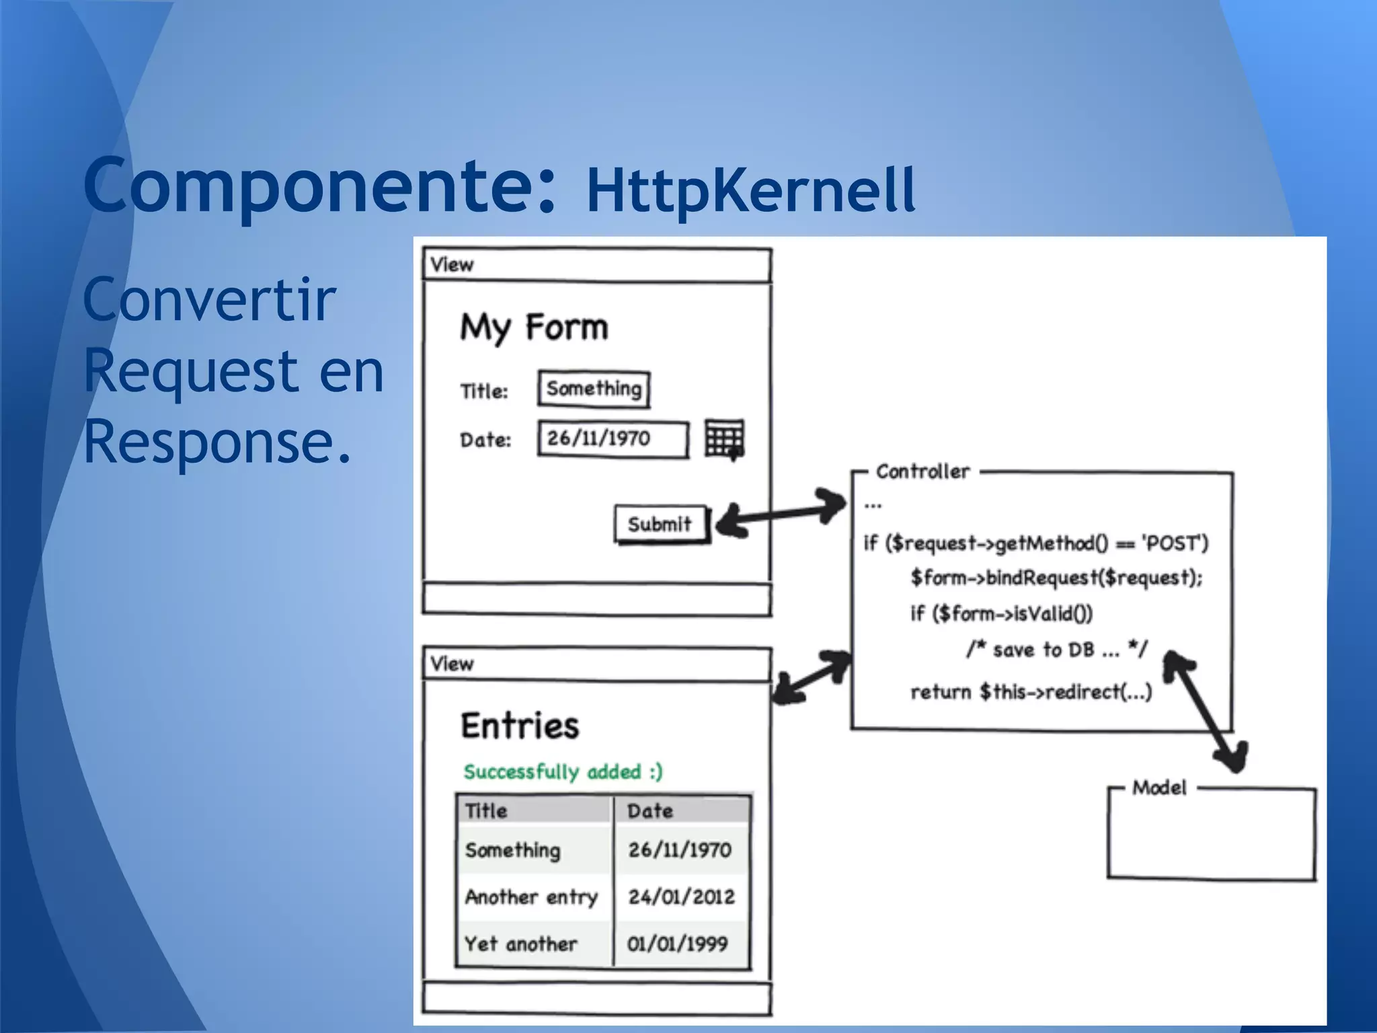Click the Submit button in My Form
(x=660, y=524)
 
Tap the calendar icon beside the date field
(x=724, y=439)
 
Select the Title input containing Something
(x=593, y=389)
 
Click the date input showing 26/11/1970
(x=613, y=439)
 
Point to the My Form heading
(x=534, y=328)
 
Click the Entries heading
(x=520, y=726)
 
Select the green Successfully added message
(x=563, y=771)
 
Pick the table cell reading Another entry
(x=532, y=896)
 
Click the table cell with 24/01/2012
(x=681, y=896)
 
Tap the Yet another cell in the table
(x=521, y=944)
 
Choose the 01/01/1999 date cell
(x=678, y=944)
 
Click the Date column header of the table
(x=650, y=810)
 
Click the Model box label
(x=1159, y=788)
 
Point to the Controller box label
(x=922, y=471)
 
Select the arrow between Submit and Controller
(x=780, y=514)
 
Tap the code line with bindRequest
(x=1056, y=578)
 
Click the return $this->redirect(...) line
(x=1031, y=692)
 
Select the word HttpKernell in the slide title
(x=750, y=190)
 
